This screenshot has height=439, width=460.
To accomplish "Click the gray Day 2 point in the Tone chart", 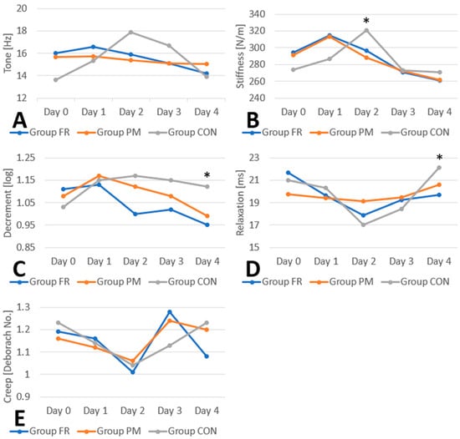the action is point(130,33).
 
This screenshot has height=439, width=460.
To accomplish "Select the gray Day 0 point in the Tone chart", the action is point(56,79).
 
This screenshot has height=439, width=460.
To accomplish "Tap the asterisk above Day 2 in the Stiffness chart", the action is point(366,21).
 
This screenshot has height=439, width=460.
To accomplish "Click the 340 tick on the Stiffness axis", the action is point(257,14).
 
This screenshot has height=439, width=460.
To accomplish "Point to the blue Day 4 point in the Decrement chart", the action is point(207,225).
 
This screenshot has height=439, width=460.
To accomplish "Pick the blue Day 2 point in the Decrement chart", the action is point(135,214).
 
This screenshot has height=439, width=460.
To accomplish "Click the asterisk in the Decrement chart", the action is point(207,175).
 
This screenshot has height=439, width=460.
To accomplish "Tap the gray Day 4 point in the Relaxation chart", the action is point(439,168).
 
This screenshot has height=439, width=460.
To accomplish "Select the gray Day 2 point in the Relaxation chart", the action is point(364,225).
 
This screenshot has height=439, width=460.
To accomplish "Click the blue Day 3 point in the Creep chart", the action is point(170,312).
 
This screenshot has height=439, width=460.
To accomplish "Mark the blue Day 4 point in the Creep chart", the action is point(207,356).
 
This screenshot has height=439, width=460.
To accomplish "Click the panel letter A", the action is point(19,120).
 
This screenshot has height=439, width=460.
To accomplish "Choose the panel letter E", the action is point(19,419).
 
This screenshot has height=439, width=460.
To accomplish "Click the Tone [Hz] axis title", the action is point(8,53).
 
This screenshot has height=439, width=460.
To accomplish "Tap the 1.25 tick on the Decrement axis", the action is point(26,158).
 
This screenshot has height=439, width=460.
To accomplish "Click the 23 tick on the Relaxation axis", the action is point(254,158).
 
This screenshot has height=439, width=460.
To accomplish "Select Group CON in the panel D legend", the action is point(425,281).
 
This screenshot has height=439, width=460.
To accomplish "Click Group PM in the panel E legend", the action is point(119,431).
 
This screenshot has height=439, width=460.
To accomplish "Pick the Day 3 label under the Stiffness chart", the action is point(403,112).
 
